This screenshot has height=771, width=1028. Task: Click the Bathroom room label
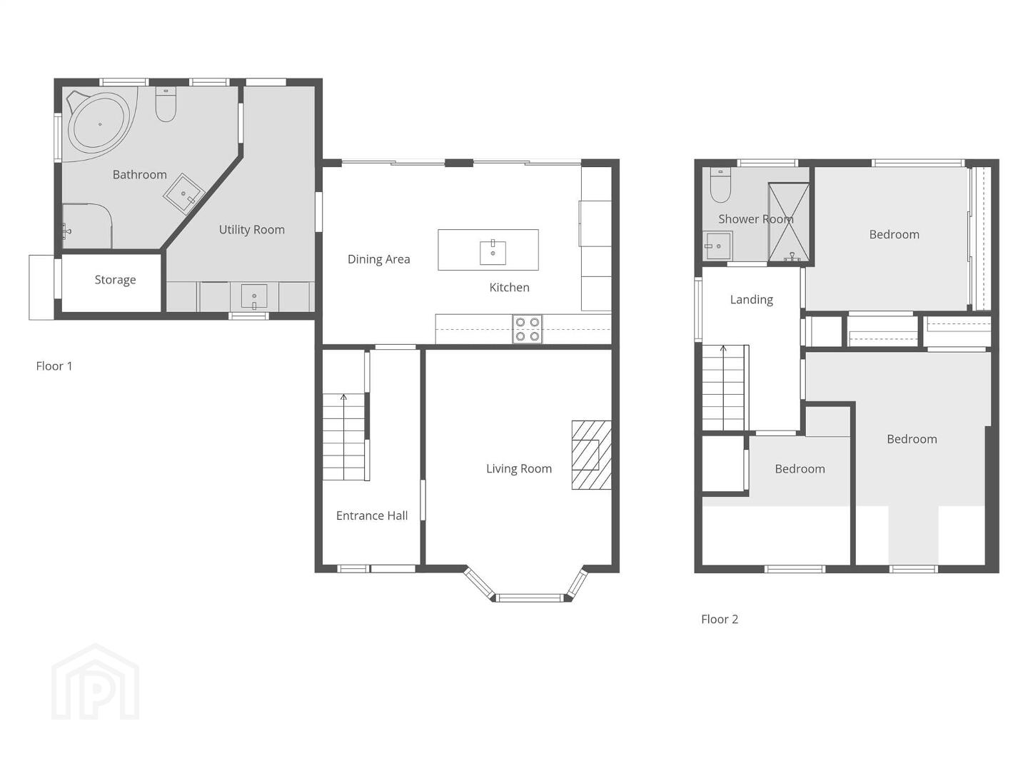coord(139,175)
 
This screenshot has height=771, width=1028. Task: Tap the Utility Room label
coord(252,230)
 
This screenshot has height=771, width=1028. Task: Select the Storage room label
coord(115,280)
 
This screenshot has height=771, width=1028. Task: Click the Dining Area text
coord(378,259)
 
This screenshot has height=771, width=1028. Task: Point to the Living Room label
coord(519,468)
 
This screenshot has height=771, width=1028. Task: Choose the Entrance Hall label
coord(372,515)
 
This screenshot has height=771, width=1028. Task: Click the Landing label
coord(751,300)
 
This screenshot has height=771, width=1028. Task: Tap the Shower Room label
coord(756,219)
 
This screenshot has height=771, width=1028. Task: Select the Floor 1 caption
coord(54,366)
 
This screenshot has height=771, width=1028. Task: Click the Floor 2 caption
coord(720,620)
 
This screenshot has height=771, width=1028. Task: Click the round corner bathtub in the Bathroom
coord(100,124)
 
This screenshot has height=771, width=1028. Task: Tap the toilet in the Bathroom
coord(166,104)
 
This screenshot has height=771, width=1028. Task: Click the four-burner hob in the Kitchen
coord(527,329)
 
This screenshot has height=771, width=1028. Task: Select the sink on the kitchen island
coord(493,252)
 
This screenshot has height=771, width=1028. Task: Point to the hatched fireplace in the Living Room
coord(591,455)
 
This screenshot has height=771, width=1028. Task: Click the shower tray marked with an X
coord(789,222)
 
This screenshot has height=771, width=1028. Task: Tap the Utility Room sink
coord(254,297)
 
